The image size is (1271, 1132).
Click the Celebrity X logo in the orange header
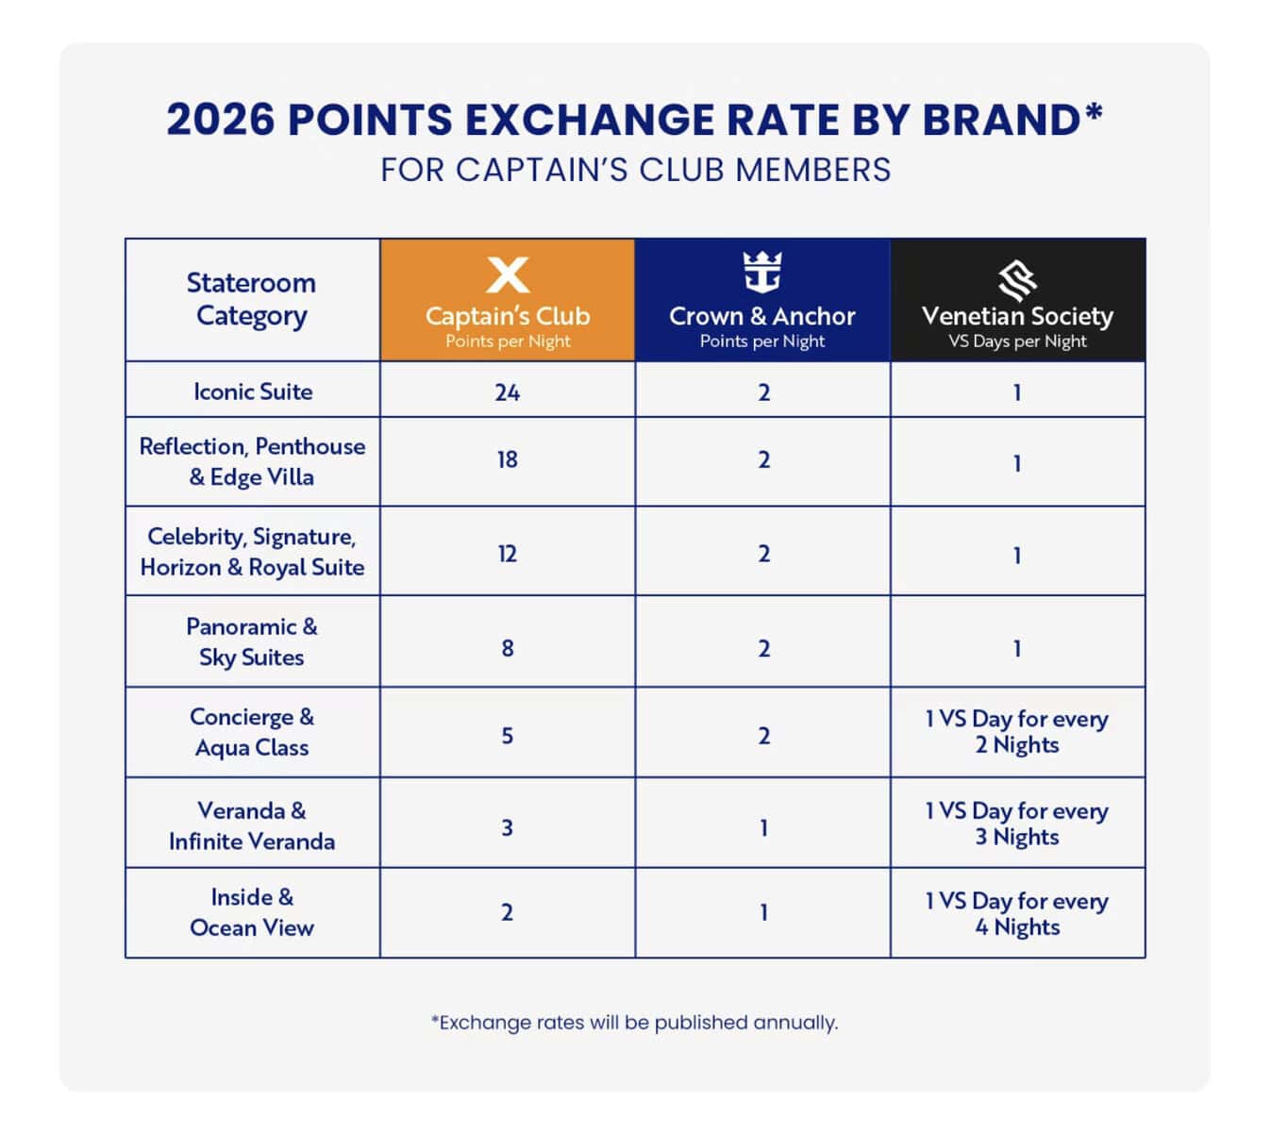tap(508, 275)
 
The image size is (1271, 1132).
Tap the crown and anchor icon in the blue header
tap(762, 273)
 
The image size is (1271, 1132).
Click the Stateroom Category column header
tap(251, 299)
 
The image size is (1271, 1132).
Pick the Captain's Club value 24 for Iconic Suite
tap(508, 392)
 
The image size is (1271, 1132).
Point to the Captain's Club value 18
tap(508, 460)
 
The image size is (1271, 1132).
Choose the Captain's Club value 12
tap(508, 554)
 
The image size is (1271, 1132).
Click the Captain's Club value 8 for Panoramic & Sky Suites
tap(508, 648)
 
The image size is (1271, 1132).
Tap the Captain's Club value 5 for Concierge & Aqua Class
tap(508, 736)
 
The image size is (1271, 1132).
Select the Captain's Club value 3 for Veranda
tap(508, 828)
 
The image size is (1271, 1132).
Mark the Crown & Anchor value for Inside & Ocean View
tap(763, 913)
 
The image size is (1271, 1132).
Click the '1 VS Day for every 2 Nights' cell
tap(1017, 732)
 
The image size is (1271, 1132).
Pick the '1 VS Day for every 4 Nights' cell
tap(1017, 914)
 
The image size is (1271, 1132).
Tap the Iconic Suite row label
tap(253, 391)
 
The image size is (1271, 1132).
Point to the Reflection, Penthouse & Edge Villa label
tap(252, 461)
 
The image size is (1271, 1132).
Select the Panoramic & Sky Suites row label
tap(252, 641)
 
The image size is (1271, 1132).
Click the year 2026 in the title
tap(221, 121)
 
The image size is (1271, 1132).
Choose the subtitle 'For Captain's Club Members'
tap(635, 171)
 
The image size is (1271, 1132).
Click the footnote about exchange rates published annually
tap(634, 1023)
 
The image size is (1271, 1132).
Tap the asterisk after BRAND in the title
tap(1094, 112)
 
